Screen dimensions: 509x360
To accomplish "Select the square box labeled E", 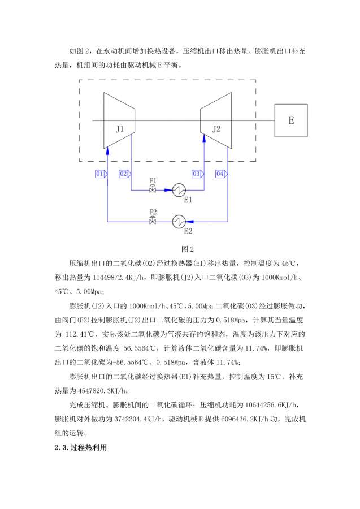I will pos(291,120).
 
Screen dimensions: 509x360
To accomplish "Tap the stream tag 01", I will pos(101,174).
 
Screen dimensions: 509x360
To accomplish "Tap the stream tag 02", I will pos(125,174).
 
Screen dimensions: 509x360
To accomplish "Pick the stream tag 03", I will pos(197,174).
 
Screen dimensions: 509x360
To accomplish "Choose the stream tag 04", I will pos(221,174).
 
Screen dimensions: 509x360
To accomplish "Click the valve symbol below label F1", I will pos(153,190).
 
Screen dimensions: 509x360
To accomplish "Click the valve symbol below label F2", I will pos(153,221).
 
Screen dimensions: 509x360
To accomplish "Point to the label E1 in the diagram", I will pos(188,200).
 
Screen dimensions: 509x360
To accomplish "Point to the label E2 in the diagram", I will pos(188,231).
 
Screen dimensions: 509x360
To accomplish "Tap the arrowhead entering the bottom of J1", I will pos(107,148).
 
